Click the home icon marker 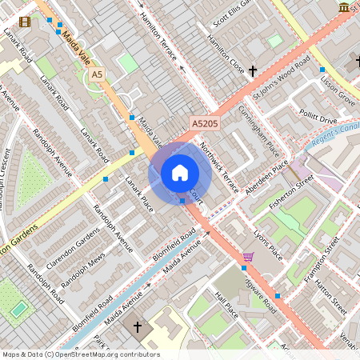point(180,173)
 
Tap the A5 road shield point(97,74)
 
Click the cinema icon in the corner point(25,22)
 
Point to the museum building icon point(344,7)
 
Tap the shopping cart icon point(248,257)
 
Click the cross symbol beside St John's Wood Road point(253,71)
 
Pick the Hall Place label point(226,304)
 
